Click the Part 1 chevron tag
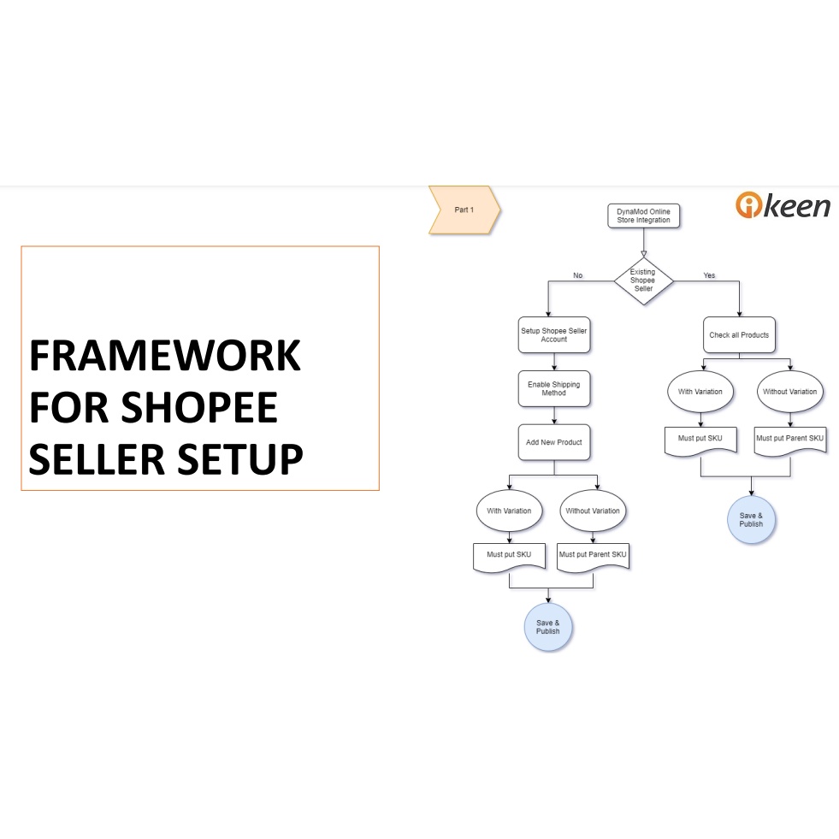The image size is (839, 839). point(464,210)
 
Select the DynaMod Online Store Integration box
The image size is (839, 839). point(644,216)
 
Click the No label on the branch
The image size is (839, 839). point(577,275)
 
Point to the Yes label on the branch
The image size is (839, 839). point(709,275)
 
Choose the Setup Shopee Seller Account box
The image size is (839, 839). point(554,334)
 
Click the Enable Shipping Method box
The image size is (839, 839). point(554,388)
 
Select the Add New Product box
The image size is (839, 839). point(554,442)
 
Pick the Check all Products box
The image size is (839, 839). point(739,335)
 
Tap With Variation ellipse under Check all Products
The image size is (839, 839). point(700,392)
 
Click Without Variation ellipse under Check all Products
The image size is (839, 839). point(789,392)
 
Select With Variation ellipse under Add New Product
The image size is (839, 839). point(509,511)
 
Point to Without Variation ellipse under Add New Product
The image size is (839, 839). point(593,511)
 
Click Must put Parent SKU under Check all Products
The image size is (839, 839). point(789,440)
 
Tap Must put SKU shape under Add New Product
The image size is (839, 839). point(509,555)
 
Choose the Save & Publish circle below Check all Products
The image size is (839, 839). point(751,520)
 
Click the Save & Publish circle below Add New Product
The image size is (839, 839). point(548,627)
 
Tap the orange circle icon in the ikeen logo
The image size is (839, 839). point(748,205)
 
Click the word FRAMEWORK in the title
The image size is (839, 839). point(165,356)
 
